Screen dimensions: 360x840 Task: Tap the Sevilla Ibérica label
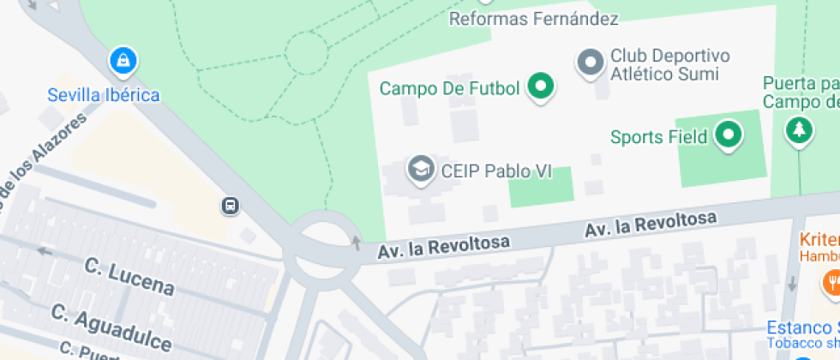(104, 94)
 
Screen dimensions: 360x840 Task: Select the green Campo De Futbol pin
(540, 86)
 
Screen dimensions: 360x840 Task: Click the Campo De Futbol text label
(450, 88)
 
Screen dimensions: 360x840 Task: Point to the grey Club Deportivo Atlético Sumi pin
(590, 63)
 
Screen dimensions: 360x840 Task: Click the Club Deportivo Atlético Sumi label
(669, 65)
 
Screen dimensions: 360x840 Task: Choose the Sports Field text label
(658, 136)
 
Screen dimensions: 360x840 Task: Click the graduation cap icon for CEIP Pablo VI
(420, 170)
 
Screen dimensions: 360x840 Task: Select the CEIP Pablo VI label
(495, 171)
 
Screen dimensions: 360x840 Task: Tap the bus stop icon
(230, 206)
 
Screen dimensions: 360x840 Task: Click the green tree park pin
(799, 130)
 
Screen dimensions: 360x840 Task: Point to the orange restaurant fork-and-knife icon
(831, 280)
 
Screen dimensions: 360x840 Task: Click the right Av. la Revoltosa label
(651, 225)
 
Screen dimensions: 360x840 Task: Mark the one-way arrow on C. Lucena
(43, 251)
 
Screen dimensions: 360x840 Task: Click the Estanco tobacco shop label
(803, 328)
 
